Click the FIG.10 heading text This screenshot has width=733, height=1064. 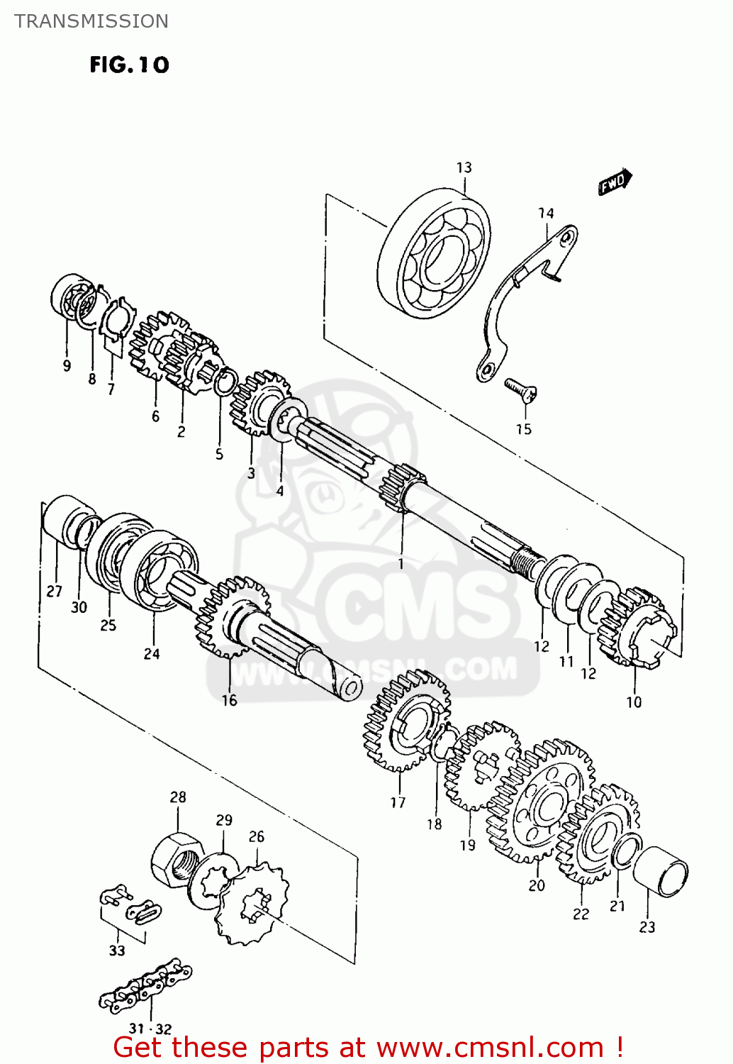[129, 65]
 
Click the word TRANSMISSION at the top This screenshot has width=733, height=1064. [91, 21]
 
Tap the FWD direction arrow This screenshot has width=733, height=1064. [614, 182]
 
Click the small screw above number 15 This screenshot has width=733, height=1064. [521, 388]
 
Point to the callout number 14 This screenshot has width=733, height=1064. [545, 213]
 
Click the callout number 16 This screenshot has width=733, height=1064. [229, 700]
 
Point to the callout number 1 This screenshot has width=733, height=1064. [401, 563]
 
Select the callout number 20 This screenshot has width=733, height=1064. [537, 885]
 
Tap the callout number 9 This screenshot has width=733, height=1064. [67, 365]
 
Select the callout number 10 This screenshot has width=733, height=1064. [633, 702]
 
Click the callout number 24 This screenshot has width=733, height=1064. [152, 653]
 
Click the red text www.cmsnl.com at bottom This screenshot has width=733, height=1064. [489, 1047]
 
